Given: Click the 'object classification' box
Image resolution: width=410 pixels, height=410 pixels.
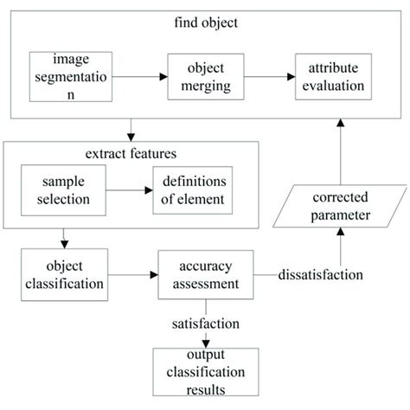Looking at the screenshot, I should [60, 274].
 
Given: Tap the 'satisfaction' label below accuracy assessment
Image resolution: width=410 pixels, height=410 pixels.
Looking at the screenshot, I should [205, 324].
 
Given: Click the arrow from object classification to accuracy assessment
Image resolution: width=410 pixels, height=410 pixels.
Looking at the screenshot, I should [131, 276].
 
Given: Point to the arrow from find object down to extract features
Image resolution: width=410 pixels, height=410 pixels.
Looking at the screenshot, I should [129, 131].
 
